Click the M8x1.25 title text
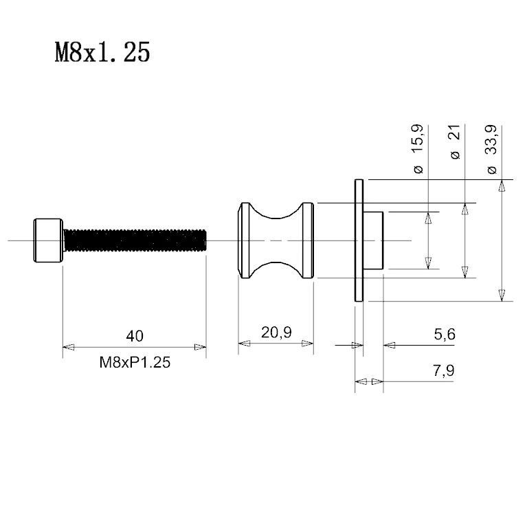point(102,52)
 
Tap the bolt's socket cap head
point(48,240)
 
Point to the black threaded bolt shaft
point(135,240)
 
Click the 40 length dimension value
point(135,336)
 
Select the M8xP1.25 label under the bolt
point(135,362)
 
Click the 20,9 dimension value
point(276,333)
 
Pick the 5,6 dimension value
point(445,334)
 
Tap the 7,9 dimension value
point(443,370)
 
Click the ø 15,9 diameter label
point(418,149)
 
